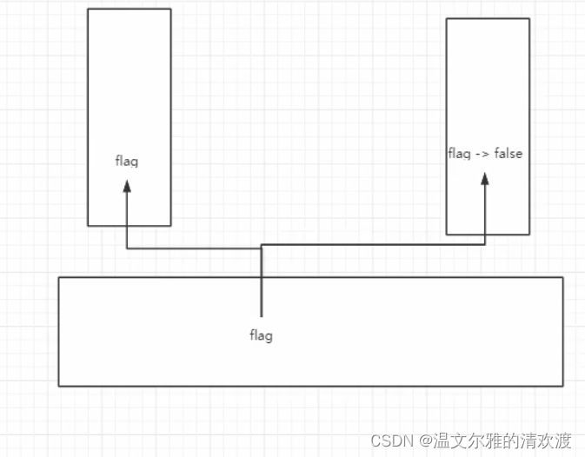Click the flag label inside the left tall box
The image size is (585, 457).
(127, 161)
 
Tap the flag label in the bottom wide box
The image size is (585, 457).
(261, 335)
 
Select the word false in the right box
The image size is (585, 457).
(509, 154)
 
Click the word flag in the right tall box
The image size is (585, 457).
(459, 154)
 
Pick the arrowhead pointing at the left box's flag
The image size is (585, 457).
(127, 186)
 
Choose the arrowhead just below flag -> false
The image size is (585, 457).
(485, 178)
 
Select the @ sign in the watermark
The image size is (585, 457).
(425, 440)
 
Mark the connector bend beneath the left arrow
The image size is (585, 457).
(127, 249)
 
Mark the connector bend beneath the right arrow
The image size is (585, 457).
(485, 245)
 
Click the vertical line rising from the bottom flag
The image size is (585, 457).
(261, 287)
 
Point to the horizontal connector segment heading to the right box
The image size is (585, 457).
(374, 245)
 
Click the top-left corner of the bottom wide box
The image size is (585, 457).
(58, 277)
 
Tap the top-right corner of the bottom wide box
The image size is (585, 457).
(562, 277)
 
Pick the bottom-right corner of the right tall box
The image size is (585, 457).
(529, 235)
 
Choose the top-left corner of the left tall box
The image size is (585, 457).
(88, 9)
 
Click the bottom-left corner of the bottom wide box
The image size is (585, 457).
(58, 385)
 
